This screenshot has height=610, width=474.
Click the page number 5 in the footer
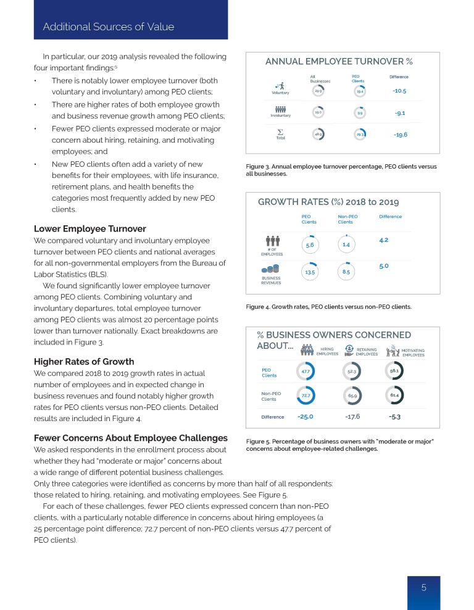[x=423, y=588]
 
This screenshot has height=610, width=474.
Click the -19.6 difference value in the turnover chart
[x=400, y=134]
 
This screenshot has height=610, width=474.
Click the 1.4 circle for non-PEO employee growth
[x=346, y=245]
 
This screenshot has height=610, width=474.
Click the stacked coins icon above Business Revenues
[x=271, y=270]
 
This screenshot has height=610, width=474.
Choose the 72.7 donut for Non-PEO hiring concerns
[x=306, y=395]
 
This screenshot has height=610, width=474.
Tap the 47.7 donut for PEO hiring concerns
[x=306, y=371]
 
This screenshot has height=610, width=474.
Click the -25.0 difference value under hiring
[x=305, y=417]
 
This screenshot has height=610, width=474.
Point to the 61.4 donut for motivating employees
[x=394, y=395]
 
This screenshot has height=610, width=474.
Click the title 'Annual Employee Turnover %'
[x=338, y=61]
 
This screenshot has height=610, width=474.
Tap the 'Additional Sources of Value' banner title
[x=108, y=27]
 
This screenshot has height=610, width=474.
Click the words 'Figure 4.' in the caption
[x=259, y=306]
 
